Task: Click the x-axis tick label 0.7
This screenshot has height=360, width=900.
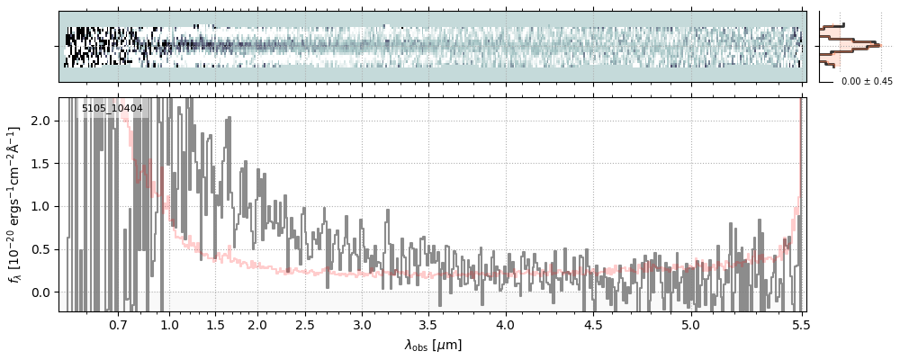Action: [118, 325]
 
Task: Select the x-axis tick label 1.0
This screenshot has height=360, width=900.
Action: [169, 325]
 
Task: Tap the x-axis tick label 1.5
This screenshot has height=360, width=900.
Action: [215, 325]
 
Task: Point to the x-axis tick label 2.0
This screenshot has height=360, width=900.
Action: [257, 325]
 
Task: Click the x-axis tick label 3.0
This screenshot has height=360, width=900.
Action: [362, 325]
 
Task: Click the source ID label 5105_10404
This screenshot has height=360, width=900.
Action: [112, 109]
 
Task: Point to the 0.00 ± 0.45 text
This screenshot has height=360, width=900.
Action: [867, 82]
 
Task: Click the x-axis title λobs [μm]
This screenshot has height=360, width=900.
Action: [433, 345]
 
